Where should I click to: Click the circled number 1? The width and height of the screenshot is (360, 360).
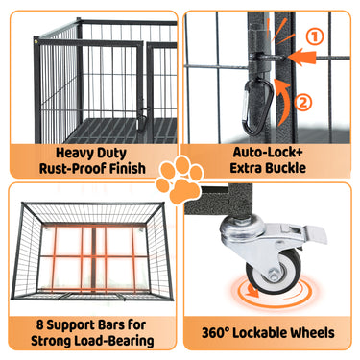[315, 37]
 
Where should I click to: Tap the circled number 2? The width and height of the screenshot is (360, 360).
[303, 103]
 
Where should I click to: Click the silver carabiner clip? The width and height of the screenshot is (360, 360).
[258, 108]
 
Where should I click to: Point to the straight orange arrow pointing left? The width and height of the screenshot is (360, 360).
[301, 57]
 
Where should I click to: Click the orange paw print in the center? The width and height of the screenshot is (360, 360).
[180, 180]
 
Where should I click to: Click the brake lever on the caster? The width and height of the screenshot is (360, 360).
[315, 234]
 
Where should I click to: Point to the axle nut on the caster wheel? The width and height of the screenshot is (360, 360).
[273, 276]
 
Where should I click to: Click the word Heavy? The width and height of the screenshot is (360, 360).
[72, 153]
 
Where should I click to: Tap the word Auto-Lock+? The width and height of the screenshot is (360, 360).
[268, 152]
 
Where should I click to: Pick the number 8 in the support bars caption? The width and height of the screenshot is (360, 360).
[40, 325]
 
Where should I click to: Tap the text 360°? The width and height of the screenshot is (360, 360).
[215, 333]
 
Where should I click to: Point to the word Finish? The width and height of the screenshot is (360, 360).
[127, 168]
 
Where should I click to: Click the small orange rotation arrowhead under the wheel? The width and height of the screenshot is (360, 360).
[252, 292]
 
